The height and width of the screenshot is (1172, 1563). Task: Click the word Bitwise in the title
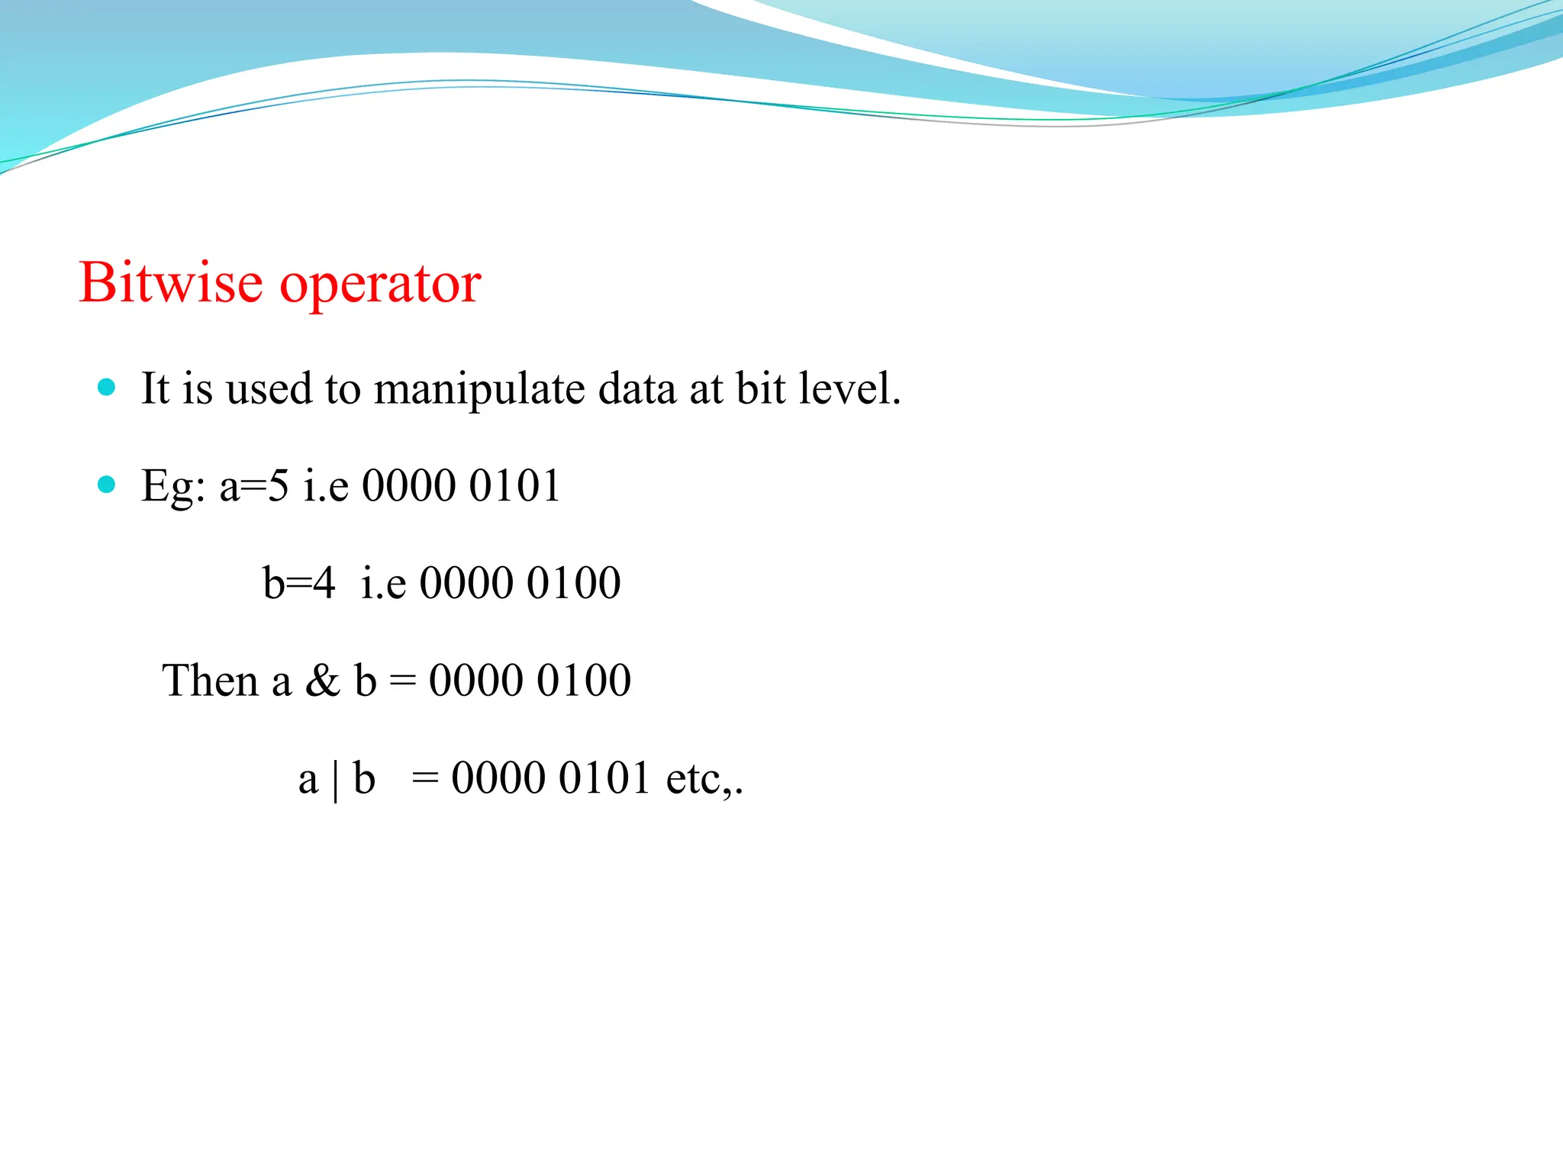pos(171,283)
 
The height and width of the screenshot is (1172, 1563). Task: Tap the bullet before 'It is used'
pos(107,387)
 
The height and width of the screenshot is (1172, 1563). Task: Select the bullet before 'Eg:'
pos(107,484)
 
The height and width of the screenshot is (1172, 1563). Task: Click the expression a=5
pos(254,485)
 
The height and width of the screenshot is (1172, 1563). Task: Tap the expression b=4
pos(298,583)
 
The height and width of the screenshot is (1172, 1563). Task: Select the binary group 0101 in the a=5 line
pos(514,485)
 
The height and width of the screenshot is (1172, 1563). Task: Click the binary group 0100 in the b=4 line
pos(573,583)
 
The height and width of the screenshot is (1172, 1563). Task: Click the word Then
pos(210,680)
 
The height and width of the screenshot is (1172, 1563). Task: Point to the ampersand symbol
pos(322,680)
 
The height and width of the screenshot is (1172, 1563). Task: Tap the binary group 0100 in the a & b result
pos(583,680)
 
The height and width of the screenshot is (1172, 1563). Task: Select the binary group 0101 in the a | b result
pos(604,778)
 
